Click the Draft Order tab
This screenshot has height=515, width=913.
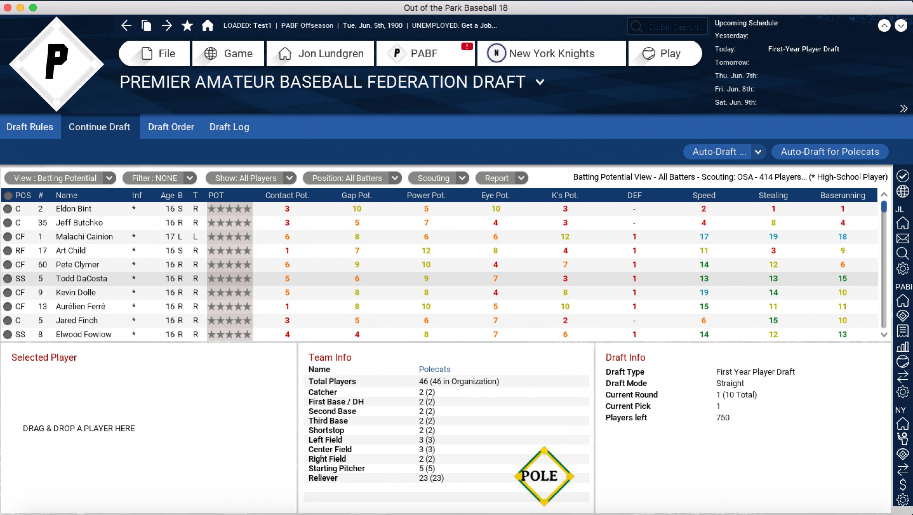click(x=171, y=127)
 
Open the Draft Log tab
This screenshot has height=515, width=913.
click(x=229, y=127)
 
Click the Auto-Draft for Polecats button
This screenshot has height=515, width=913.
click(x=829, y=152)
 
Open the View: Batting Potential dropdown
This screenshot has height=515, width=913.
click(x=60, y=178)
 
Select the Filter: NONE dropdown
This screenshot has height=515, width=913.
click(x=159, y=178)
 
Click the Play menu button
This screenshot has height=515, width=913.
click(x=665, y=54)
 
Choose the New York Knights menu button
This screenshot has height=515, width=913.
click(x=551, y=54)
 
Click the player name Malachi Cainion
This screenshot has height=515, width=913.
click(x=84, y=237)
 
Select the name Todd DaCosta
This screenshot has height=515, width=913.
click(x=82, y=278)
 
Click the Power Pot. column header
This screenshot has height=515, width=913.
click(x=426, y=195)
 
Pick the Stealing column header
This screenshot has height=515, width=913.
click(x=773, y=195)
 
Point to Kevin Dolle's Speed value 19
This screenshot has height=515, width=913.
click(x=704, y=293)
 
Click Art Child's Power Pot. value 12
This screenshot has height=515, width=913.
click(x=426, y=251)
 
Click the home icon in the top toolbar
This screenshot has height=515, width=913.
click(x=208, y=25)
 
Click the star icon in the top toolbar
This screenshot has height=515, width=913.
click(x=187, y=25)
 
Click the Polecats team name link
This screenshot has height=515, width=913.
click(x=434, y=369)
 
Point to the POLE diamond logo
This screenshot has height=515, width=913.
click(x=544, y=476)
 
